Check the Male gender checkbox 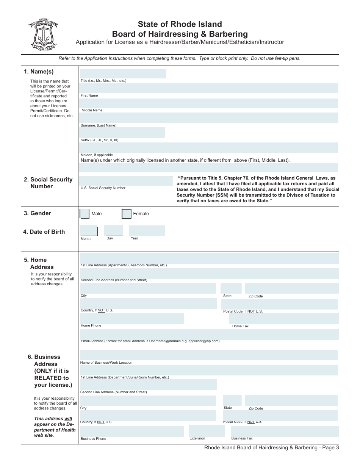click(85, 214)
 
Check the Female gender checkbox click(127, 214)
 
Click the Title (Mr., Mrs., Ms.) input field click(123, 73)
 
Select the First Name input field click(209, 88)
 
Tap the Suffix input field click(122, 133)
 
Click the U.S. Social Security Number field click(126, 181)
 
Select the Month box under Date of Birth click(89, 231)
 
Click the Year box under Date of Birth click(147, 231)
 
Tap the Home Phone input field click(132, 319)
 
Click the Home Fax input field click(284, 319)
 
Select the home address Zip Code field click(291, 288)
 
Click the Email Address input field click(209, 334)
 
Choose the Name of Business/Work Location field click(208, 355)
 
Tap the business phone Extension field click(207, 431)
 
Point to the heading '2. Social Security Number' click(48, 183)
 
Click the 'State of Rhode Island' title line click(180, 25)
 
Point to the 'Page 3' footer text click(330, 447)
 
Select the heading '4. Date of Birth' click(44, 232)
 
